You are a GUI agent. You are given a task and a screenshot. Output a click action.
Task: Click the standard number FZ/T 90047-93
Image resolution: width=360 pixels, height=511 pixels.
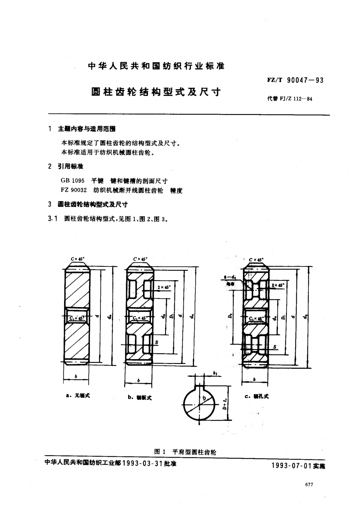pyautogui.click(x=295, y=80)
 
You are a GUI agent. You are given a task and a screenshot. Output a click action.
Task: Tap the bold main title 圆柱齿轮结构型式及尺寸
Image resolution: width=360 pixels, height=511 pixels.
pyautogui.click(x=156, y=92)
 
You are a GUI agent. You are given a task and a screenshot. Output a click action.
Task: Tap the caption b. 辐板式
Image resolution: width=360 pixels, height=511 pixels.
pyautogui.click(x=139, y=397)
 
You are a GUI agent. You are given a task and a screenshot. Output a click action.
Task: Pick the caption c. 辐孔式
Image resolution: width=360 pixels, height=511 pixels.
pyautogui.click(x=257, y=396)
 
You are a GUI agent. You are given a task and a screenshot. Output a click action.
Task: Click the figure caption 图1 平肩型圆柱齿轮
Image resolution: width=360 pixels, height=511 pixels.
pyautogui.click(x=185, y=452)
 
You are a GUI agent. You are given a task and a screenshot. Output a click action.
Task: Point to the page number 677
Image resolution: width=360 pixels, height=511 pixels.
pyautogui.click(x=308, y=485)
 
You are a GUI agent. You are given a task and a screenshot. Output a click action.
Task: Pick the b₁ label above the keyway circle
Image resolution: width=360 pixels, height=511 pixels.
pyautogui.click(x=215, y=374)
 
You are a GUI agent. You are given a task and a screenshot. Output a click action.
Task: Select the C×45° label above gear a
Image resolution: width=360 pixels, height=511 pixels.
pyautogui.click(x=78, y=259)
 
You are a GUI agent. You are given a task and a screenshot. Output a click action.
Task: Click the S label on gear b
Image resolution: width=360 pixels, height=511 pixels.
pyautogui.click(x=157, y=342)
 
